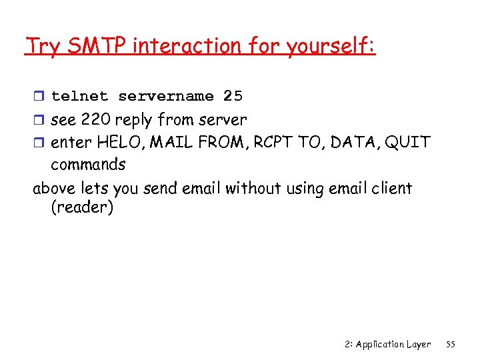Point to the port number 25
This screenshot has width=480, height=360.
tap(233, 96)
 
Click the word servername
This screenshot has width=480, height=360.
tap(166, 96)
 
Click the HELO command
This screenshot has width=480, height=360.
tap(118, 142)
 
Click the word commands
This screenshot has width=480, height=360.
tap(88, 164)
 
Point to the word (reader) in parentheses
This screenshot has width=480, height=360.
tap(82, 208)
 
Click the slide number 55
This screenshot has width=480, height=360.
tap(450, 344)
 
